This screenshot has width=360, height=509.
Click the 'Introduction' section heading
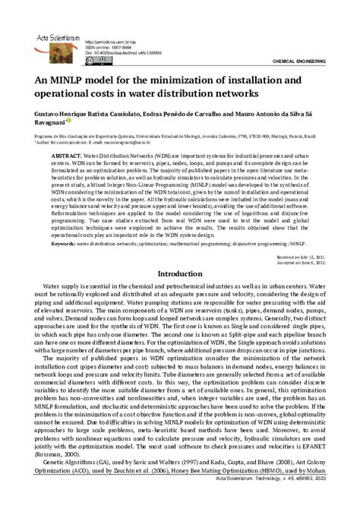click(180, 273)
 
